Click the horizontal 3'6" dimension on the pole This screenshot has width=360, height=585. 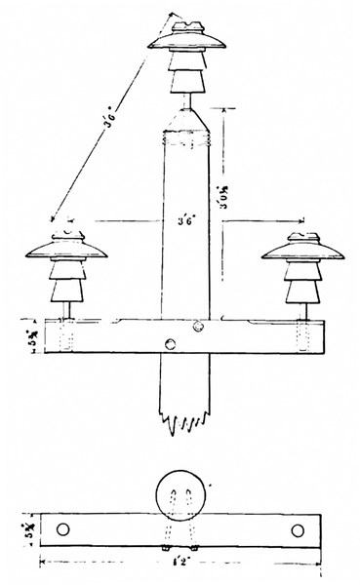click(185, 220)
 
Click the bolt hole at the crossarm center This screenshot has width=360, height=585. click(171, 343)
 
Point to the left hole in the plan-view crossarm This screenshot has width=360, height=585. click(64, 529)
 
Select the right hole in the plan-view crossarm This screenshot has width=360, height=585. click(298, 529)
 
